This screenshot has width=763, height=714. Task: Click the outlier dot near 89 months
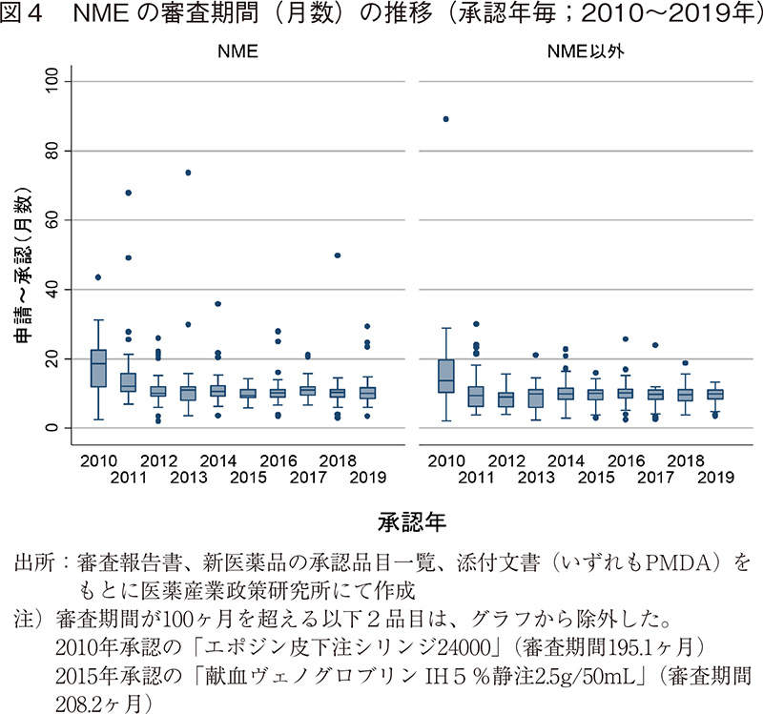pos(445,119)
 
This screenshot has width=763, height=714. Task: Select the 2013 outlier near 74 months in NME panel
pos(188,173)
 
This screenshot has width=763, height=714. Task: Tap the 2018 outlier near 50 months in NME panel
pos(338,255)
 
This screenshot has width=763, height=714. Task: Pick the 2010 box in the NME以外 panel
pos(445,376)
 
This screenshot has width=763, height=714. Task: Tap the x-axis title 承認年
pos(411,522)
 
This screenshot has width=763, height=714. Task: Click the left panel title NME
pos(232,53)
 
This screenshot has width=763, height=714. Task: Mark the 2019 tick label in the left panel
pos(367,478)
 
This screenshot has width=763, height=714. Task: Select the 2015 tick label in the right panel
pos(594,478)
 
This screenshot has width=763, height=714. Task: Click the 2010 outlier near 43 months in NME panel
pos(98,277)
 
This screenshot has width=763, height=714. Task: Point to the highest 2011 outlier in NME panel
pos(128,193)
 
